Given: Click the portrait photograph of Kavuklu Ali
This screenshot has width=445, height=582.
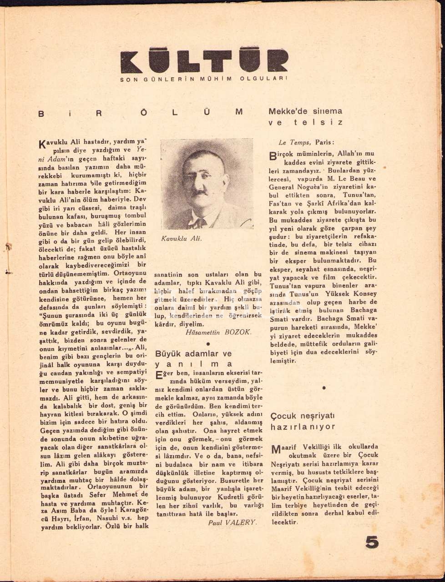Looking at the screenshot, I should [207, 184].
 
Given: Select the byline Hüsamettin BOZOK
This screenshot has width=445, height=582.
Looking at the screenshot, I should [218, 332].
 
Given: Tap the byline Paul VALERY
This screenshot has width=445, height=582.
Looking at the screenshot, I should [232, 522].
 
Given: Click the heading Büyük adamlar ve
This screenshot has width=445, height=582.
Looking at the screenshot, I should [193, 353].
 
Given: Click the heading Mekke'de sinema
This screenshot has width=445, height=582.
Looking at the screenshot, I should [305, 111].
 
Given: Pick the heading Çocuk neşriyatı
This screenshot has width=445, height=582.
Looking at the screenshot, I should [302, 416].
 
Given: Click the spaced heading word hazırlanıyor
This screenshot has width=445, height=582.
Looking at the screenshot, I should [303, 427].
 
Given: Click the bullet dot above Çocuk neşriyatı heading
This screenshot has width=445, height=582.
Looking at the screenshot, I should [324, 388].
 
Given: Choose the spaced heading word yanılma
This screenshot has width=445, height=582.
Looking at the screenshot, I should [194, 364].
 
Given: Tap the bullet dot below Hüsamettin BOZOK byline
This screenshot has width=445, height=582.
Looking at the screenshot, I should [207, 344].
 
